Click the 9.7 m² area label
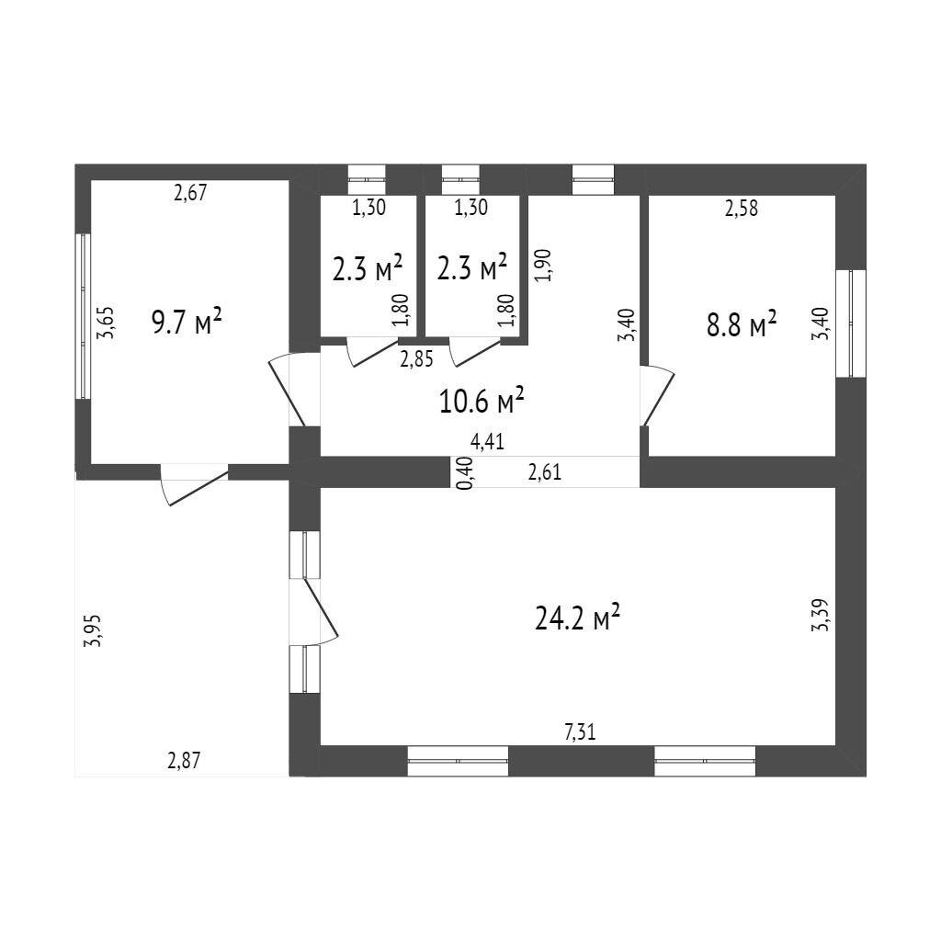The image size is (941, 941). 187,323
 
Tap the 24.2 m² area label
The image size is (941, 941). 577,618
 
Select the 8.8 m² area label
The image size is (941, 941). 742,324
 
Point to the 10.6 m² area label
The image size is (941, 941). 482,401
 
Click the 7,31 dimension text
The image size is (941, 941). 580,732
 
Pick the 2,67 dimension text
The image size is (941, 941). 192,193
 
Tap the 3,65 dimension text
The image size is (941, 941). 107,323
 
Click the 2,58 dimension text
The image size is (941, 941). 742,209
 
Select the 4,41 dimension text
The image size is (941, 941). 487,443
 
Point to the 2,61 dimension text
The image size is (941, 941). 545,473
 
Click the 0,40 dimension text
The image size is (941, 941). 466,473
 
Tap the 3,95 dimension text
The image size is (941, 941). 92,631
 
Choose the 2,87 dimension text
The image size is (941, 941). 184,760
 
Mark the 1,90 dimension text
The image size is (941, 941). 542,265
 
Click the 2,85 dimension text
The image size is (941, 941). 416,359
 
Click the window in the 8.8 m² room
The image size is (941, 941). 856,323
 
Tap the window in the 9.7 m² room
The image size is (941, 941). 84,315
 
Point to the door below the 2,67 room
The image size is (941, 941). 194,484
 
